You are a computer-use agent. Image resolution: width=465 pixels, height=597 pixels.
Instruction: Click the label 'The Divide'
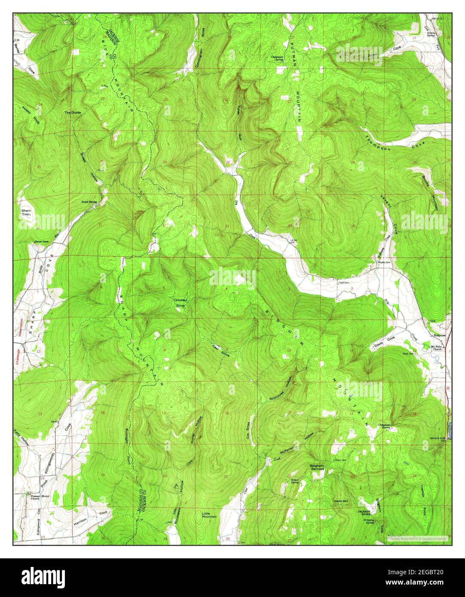[x=73, y=113]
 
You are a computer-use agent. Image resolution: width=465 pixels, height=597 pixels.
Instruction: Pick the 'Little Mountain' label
[x=209, y=515]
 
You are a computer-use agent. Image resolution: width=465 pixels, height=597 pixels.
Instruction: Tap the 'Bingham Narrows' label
[x=317, y=467]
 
